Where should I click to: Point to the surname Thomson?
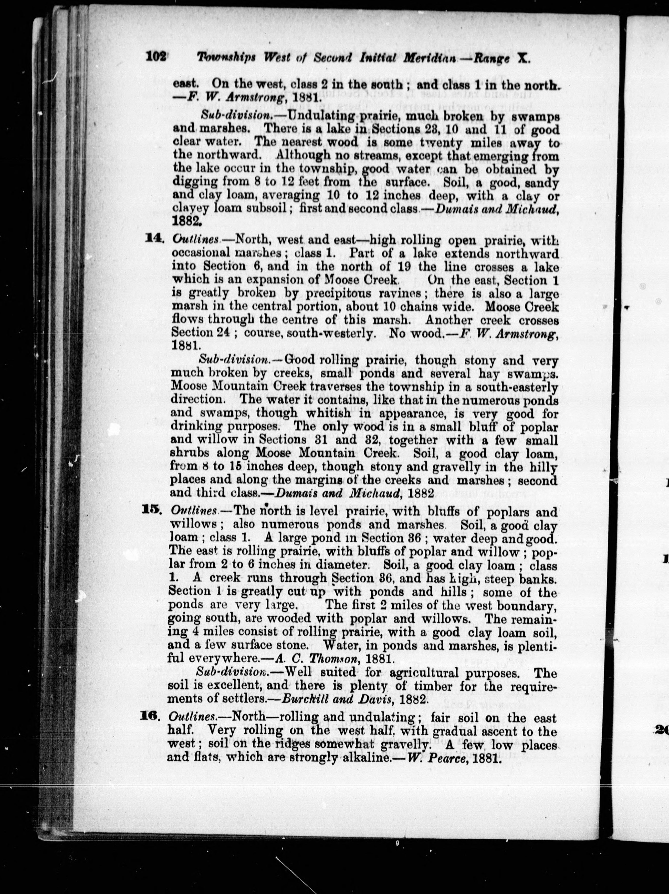pyautogui.click(x=333, y=659)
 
